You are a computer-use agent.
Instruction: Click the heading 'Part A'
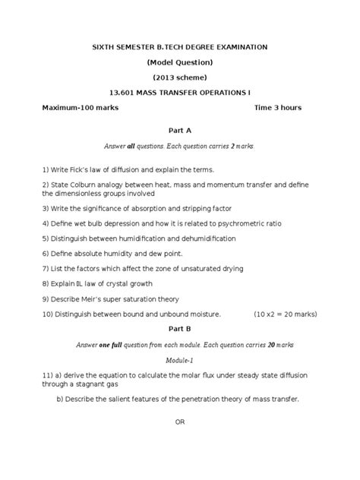[x=180, y=130]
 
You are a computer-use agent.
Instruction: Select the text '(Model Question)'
[x=180, y=62]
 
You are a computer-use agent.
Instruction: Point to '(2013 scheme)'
[x=180, y=77]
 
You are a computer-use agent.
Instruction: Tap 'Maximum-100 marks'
[x=80, y=107]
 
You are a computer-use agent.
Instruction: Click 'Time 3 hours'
[x=279, y=107]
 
